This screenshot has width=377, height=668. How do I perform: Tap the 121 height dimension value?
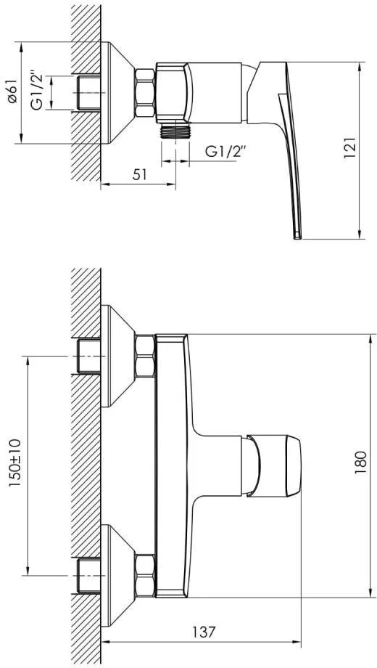click(x=349, y=148)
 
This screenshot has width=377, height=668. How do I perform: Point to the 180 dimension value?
click(x=360, y=463)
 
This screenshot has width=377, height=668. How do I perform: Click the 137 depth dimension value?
click(x=202, y=632)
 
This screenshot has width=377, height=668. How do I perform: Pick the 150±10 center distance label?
click(x=16, y=463)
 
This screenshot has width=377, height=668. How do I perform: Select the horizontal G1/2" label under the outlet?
click(x=225, y=151)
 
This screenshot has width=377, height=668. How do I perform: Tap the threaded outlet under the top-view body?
click(x=175, y=131)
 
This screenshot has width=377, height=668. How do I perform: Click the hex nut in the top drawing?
click(x=145, y=92)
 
